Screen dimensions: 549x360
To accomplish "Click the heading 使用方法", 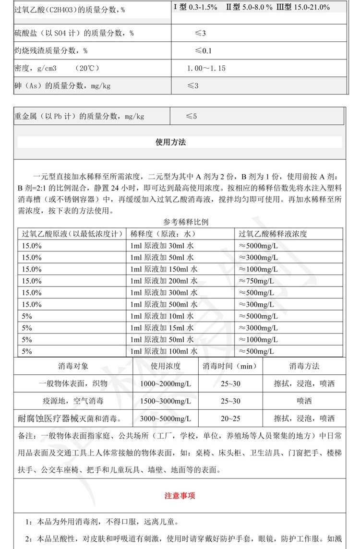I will coord(170,142).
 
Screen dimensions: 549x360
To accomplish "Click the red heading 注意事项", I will coord(180,496).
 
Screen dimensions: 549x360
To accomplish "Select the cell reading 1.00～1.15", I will coord(206,68).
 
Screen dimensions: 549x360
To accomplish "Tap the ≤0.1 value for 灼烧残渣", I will coord(203,50).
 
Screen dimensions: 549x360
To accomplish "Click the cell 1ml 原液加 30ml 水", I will coord(162,245).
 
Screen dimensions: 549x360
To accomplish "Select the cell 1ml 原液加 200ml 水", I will coord(164,281).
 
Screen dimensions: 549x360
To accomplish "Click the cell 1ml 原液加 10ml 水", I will coord(162,316).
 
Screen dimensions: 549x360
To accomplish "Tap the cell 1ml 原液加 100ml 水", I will coord(164,351).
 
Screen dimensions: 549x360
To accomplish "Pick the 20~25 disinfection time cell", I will coord(230,418).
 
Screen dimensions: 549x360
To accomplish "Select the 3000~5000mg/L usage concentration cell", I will coord(166,418).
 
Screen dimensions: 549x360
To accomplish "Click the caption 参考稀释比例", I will coord(186,222).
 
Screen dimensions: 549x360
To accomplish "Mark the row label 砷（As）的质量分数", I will coord(62,86).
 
